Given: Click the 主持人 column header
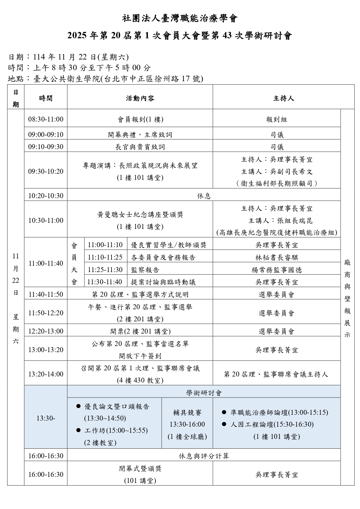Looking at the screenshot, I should pyautogui.click(x=283, y=98).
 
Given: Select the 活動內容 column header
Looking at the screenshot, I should pyautogui.click(x=140, y=98).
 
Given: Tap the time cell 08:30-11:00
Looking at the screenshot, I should pyautogui.click(x=46, y=119).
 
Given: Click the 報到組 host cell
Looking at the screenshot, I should pyautogui.click(x=276, y=119).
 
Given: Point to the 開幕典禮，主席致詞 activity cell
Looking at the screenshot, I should pyautogui.click(x=140, y=135).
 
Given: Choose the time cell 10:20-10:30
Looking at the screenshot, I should pyautogui.click(x=46, y=195).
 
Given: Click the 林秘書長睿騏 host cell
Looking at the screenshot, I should pyautogui.click(x=276, y=258).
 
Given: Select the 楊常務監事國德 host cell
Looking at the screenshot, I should pyautogui.click(x=276, y=270).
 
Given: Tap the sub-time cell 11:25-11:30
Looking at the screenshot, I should pyautogui.click(x=105, y=270).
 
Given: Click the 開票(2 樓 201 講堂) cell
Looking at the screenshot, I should pyautogui.click(x=140, y=331).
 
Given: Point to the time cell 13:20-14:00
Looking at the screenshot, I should pyautogui.click(x=46, y=374).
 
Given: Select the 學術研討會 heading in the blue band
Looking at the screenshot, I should pyautogui.click(x=204, y=393).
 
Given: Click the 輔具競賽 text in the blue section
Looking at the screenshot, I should pyautogui.click(x=187, y=412).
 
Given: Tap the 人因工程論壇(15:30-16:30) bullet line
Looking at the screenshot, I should pyautogui.click(x=272, y=425).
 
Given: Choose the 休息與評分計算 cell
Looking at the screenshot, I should pyautogui.click(x=204, y=456).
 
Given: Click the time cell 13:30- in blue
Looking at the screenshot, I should pyautogui.click(x=46, y=418).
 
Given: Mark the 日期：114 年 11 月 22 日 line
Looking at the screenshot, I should pyautogui.click(x=68, y=57).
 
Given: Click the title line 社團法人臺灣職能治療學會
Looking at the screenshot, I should pyautogui.click(x=180, y=19).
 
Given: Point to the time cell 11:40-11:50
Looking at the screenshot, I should pyautogui.click(x=46, y=294).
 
